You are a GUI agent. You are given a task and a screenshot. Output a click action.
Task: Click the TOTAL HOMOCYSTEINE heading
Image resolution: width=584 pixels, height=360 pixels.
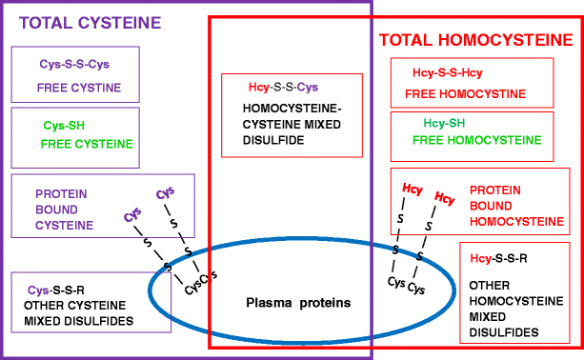point(475,40)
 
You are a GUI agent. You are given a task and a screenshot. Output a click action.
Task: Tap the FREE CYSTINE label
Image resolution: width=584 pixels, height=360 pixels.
point(79,87)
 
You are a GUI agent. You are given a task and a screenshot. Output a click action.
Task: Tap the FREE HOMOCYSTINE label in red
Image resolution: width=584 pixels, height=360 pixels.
point(465,95)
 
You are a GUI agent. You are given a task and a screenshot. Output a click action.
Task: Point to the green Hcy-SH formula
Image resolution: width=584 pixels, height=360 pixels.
point(444,123)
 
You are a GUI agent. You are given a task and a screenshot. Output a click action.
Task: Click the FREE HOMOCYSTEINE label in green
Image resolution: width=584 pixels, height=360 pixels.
point(477,140)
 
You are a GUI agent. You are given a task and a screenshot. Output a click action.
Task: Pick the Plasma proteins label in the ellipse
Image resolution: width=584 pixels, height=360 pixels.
point(285,303)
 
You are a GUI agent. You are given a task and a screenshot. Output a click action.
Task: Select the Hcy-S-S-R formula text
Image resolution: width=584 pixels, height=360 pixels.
point(499,258)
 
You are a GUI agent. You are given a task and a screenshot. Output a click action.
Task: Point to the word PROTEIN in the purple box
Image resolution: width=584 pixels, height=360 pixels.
point(61,193)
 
